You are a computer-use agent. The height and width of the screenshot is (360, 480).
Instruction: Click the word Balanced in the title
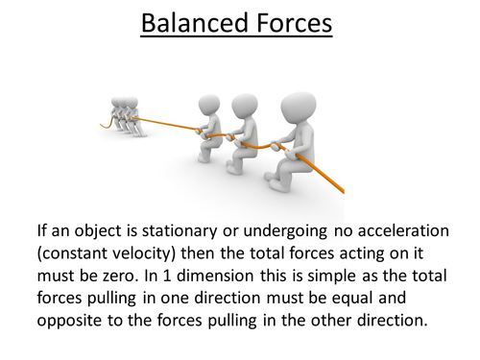pos(187,22)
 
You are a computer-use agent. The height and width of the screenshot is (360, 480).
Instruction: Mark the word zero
pos(112,274)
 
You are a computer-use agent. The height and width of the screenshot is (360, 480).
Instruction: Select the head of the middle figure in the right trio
pos(246,108)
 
